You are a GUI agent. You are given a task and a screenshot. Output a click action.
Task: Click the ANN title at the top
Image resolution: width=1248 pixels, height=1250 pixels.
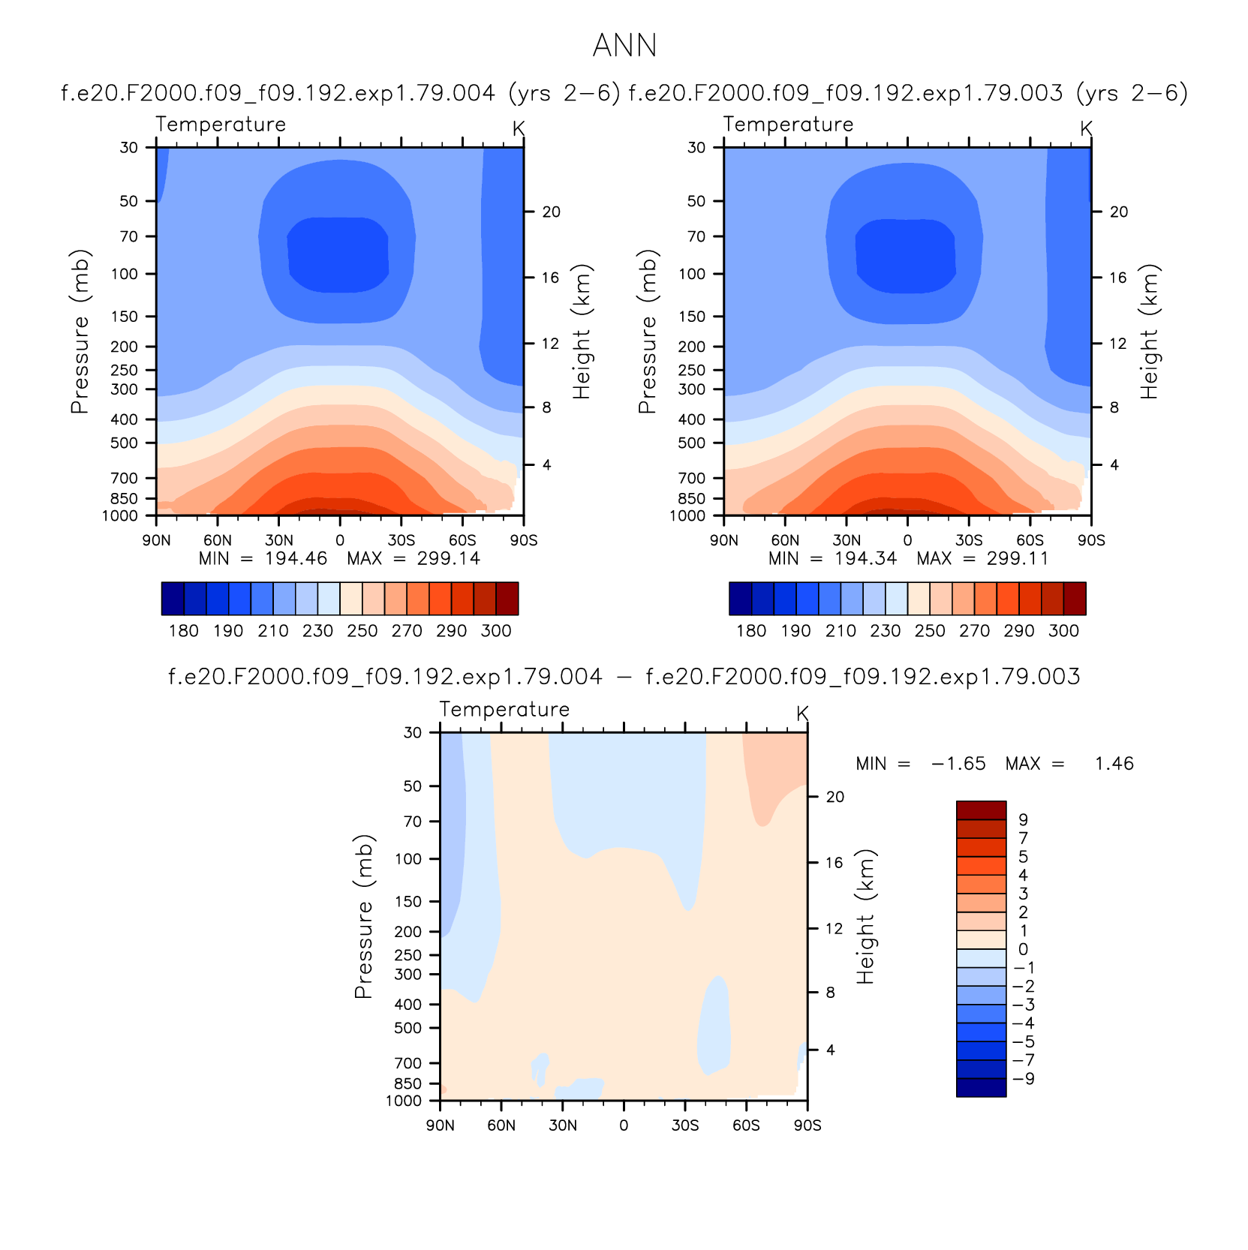(624, 46)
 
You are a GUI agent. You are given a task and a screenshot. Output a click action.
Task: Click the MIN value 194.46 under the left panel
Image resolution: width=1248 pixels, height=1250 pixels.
(296, 558)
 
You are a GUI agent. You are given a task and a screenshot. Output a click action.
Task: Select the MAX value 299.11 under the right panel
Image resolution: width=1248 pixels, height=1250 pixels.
(1018, 558)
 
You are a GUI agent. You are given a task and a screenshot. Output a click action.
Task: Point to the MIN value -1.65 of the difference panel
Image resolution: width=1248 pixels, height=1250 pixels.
(958, 764)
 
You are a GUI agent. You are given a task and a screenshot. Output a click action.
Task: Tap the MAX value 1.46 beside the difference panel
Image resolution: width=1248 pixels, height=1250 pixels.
(1114, 764)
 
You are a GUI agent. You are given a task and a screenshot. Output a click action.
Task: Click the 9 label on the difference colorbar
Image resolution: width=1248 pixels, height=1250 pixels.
(1023, 820)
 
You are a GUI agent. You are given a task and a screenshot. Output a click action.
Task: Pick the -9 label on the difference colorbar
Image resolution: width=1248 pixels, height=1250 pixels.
(1023, 1079)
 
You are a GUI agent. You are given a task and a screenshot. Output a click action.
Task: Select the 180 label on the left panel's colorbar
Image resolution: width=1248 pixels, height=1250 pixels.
(184, 631)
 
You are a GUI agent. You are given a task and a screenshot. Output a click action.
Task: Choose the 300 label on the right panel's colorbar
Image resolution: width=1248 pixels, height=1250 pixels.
(1063, 631)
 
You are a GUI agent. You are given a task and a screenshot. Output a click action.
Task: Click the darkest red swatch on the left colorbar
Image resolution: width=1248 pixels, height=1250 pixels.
(507, 599)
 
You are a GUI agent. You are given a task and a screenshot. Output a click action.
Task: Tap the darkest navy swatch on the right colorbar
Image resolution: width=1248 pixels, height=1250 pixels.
(741, 599)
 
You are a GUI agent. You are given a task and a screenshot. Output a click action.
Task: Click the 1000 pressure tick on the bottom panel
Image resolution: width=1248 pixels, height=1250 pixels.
(404, 1101)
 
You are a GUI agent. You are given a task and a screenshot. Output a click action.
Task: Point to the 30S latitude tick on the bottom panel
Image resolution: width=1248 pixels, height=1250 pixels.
(685, 1125)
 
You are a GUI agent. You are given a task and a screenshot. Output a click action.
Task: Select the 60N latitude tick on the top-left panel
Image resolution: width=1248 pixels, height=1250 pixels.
(218, 540)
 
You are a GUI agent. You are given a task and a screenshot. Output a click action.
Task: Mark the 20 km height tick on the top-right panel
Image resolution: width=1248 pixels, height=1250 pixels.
(1119, 212)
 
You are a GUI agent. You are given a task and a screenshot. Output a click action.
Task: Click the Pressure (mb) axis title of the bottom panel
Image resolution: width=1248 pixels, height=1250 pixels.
(364, 916)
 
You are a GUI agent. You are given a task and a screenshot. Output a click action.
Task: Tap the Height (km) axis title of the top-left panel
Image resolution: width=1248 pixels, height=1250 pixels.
(582, 331)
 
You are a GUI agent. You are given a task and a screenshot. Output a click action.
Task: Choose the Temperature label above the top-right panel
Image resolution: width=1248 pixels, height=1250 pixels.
(788, 125)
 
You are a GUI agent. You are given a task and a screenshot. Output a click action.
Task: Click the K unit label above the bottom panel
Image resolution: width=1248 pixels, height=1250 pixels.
(802, 714)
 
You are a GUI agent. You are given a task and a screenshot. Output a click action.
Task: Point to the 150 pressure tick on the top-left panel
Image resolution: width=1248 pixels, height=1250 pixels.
(125, 317)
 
